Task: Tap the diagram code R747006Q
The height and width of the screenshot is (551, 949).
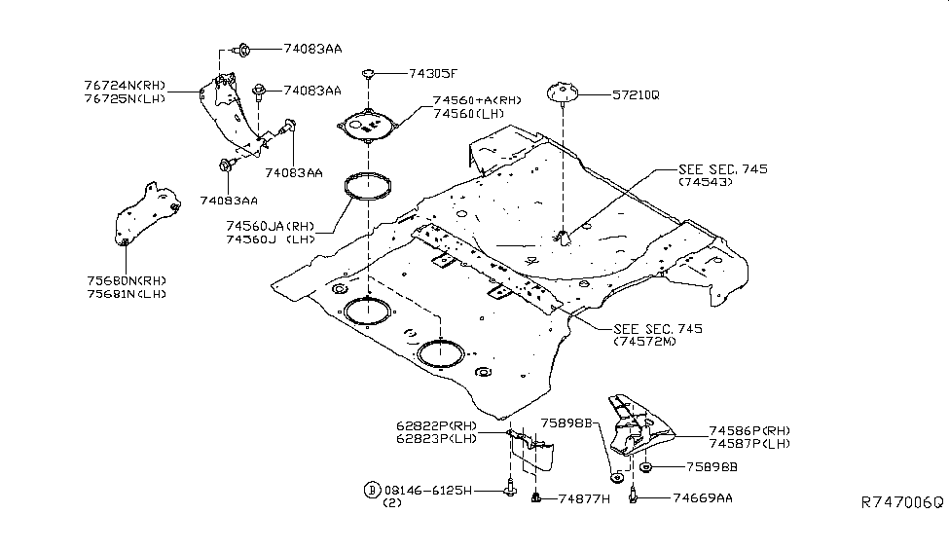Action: [901, 502]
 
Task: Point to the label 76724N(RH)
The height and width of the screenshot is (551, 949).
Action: [123, 86]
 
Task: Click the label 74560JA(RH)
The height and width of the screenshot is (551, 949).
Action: [274, 225]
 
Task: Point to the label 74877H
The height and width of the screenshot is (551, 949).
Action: [584, 498]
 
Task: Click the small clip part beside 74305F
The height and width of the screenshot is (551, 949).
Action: [368, 71]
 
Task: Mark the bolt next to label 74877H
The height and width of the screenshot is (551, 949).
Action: [535, 498]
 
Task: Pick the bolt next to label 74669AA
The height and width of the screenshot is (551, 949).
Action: [634, 496]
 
